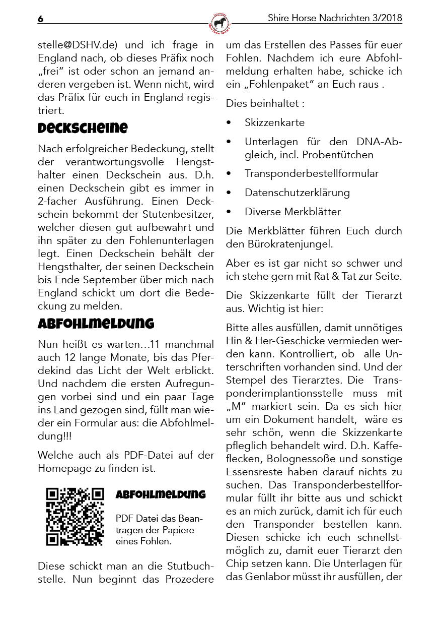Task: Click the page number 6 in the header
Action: coord(41,19)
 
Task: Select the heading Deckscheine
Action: coord(83,128)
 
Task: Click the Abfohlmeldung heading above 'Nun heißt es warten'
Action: coord(96,324)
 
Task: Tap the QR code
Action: coord(75,517)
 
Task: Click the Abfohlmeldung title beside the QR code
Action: coord(161,494)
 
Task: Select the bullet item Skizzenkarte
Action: coord(274,122)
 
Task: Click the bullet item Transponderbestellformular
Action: coord(311,173)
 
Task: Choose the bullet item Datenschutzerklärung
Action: coord(297,193)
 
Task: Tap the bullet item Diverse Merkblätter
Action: coord(292,212)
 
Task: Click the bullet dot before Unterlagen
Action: coord(229,142)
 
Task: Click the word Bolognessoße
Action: coord(305,459)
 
